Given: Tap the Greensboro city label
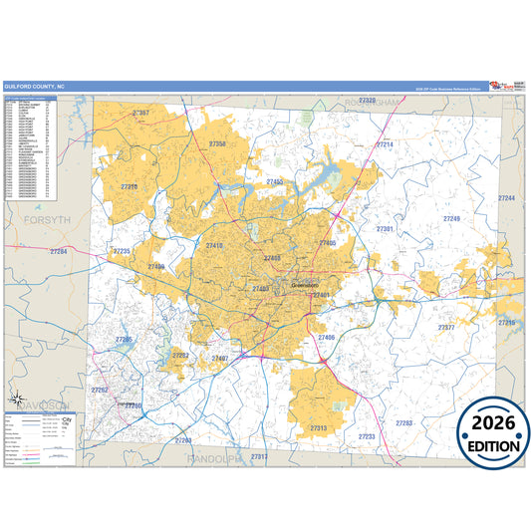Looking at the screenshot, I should click(x=304, y=286).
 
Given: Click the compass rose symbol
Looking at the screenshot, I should click(x=18, y=401).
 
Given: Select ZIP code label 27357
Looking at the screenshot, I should click(x=140, y=114).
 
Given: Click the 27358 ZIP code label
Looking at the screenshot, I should click(x=218, y=144).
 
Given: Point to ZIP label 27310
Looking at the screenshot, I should click(x=129, y=186).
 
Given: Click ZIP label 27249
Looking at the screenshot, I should click(x=451, y=218).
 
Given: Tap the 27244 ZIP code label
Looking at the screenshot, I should click(x=506, y=198).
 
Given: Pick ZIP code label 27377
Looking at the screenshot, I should click(x=446, y=327).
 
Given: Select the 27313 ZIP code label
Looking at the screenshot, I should click(x=319, y=427).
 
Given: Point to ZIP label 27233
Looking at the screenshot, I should click(x=367, y=436).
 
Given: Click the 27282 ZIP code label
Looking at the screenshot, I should click(x=181, y=355).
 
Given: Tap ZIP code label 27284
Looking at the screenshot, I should click(x=59, y=252).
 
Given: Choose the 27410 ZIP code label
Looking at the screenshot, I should click(x=214, y=245).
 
